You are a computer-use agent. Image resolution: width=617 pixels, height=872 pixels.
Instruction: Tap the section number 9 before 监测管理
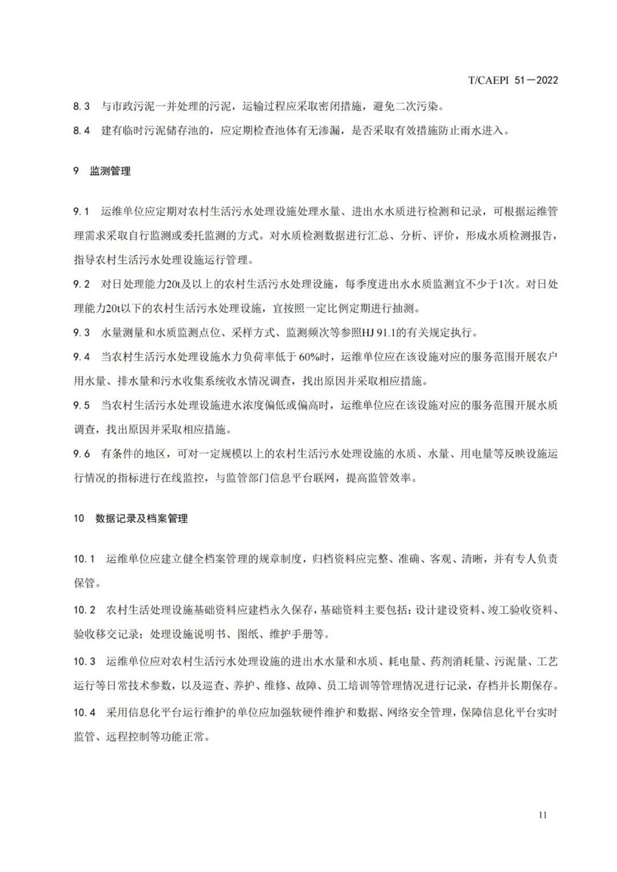click(x=76, y=172)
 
